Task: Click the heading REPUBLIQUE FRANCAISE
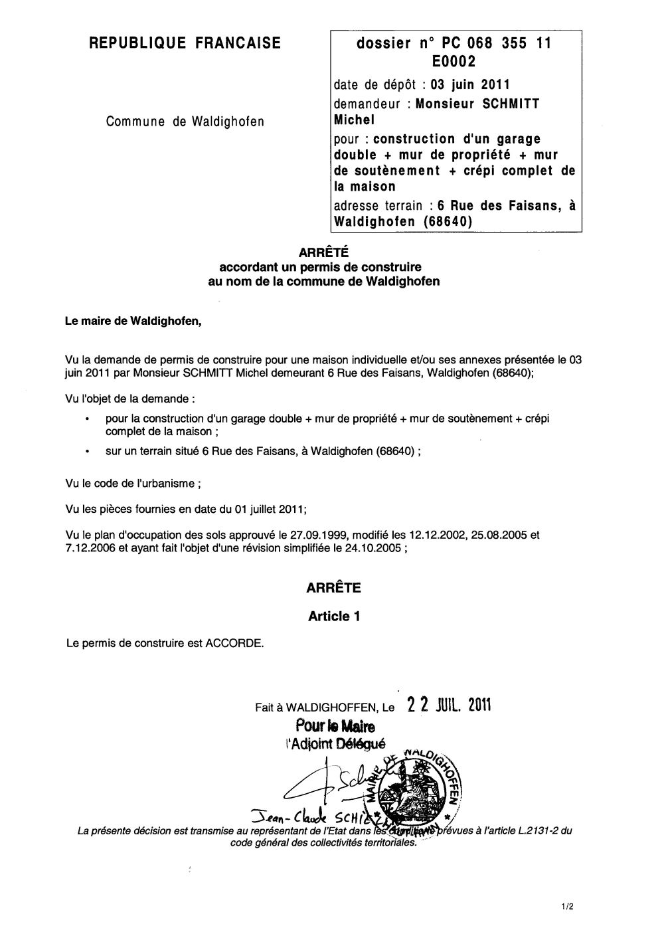tap(185, 44)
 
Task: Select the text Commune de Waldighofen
tap(185, 122)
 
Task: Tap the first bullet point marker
tap(88, 419)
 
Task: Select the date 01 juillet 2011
tap(268, 509)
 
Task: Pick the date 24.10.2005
tap(375, 548)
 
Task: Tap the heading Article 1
tap(334, 616)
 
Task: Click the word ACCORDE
tap(234, 643)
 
